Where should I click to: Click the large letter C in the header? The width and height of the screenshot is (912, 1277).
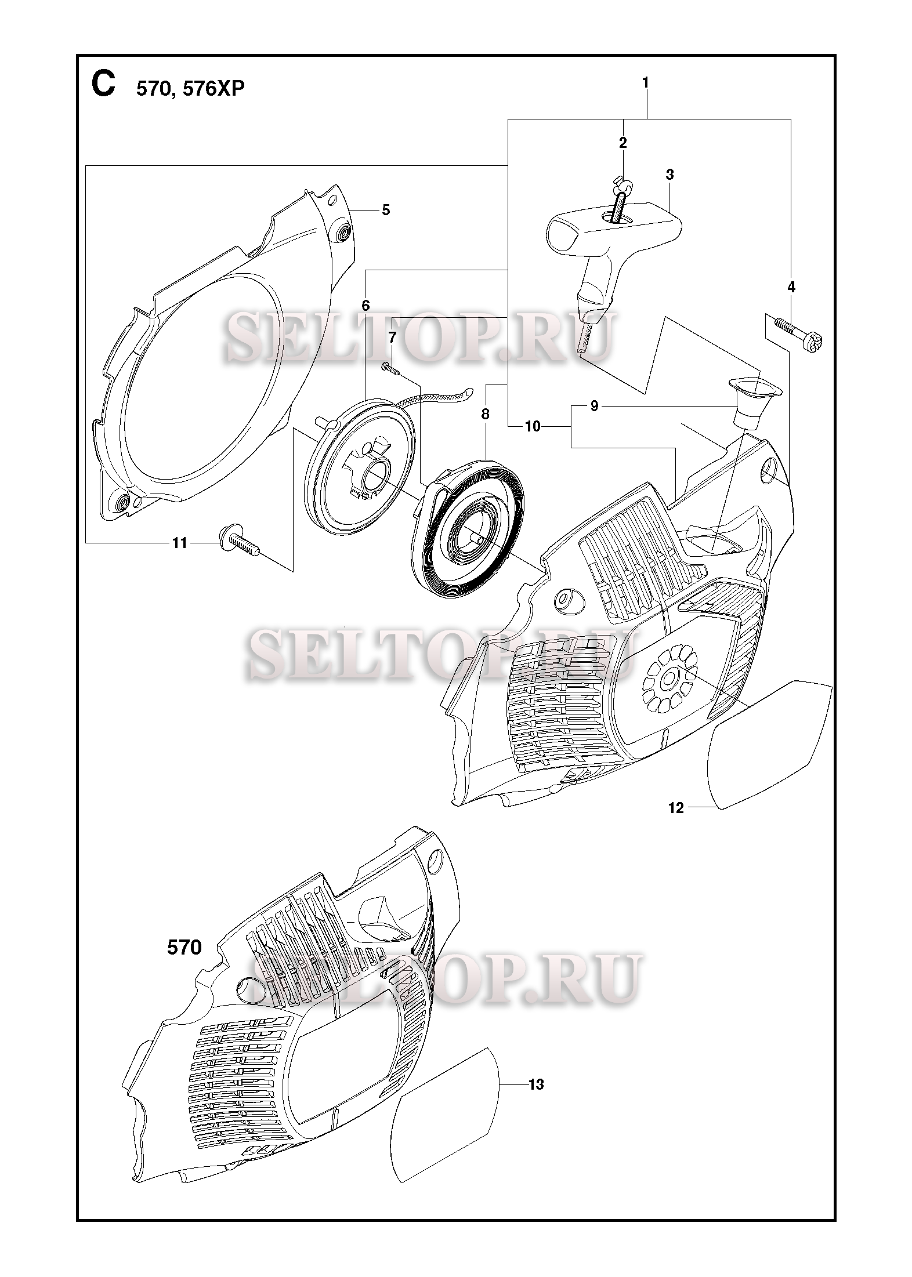(x=103, y=85)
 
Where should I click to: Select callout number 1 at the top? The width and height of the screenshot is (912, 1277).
(x=645, y=83)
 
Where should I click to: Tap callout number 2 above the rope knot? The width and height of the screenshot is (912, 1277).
(x=623, y=143)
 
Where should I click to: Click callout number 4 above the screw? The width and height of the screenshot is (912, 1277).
(x=791, y=287)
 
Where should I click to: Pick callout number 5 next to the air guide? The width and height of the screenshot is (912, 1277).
(x=386, y=210)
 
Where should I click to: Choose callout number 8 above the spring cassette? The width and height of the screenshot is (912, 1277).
(x=485, y=414)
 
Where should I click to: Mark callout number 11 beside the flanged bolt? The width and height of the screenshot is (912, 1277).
(x=180, y=543)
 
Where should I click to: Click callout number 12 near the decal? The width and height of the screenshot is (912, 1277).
(x=676, y=807)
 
